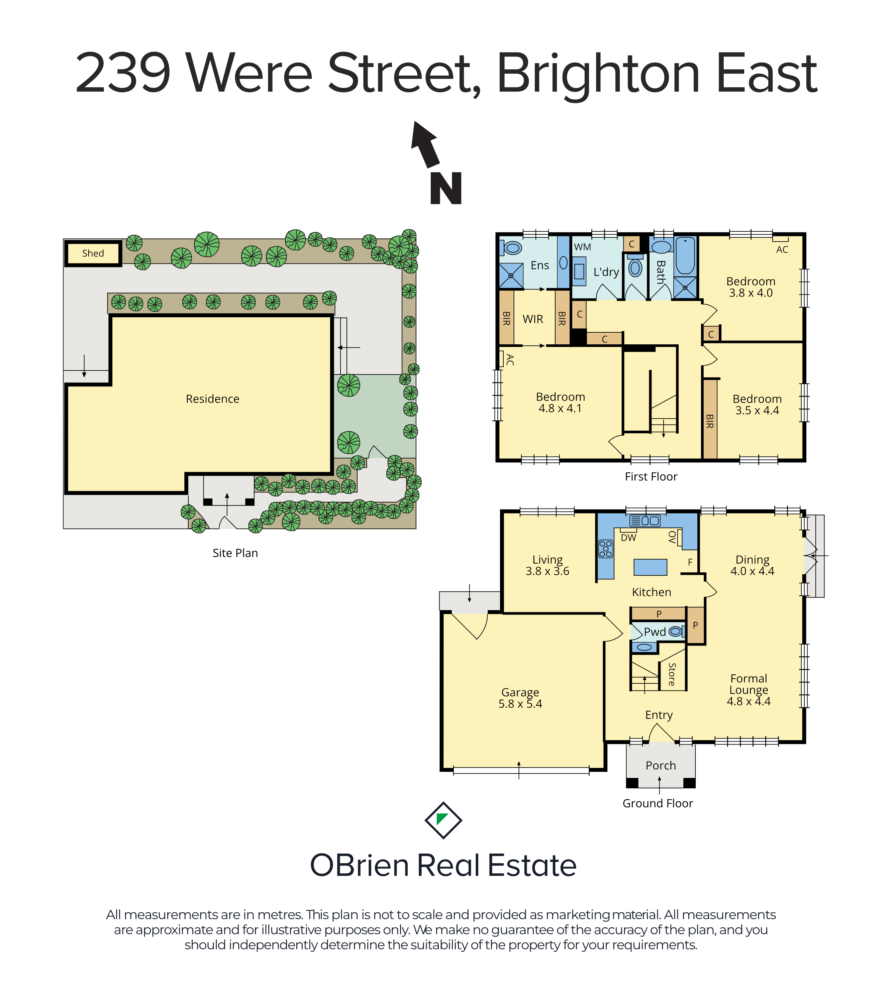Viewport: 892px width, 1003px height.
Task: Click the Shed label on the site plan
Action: pyautogui.click(x=93, y=253)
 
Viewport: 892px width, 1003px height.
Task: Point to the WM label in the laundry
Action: pyautogui.click(x=582, y=247)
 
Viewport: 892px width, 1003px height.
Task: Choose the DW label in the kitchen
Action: pyautogui.click(x=628, y=537)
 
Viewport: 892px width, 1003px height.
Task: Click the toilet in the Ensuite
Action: pyautogui.click(x=511, y=248)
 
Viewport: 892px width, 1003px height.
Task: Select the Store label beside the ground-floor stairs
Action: pyautogui.click(x=672, y=674)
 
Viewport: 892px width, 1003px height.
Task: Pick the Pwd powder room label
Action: pyautogui.click(x=655, y=632)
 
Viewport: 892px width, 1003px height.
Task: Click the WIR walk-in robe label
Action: pyautogui.click(x=533, y=319)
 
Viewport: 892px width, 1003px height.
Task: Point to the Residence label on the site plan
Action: pyautogui.click(x=213, y=399)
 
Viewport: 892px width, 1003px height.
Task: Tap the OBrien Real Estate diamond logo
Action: pyautogui.click(x=443, y=820)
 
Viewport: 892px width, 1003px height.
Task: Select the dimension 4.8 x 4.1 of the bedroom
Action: pyautogui.click(x=560, y=408)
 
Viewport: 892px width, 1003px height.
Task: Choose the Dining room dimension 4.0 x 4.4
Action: pyautogui.click(x=752, y=571)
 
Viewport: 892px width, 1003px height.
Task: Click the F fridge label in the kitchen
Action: pyautogui.click(x=690, y=562)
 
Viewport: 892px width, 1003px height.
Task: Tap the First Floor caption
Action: pyautogui.click(x=651, y=476)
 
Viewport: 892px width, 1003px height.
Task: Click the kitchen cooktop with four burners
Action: pyautogui.click(x=606, y=549)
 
